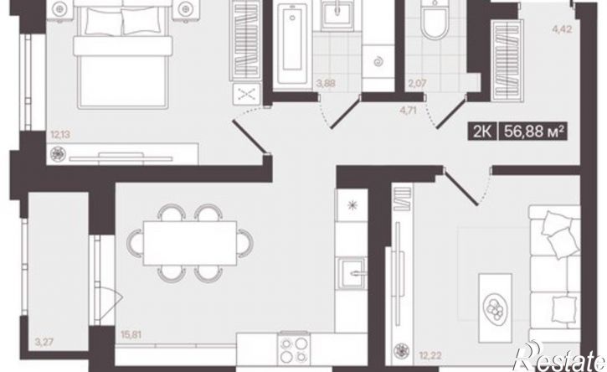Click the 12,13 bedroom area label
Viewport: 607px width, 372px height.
60,135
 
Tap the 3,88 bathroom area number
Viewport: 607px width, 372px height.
326,83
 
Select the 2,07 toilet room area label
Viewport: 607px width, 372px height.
417,83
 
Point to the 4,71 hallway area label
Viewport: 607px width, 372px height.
408,110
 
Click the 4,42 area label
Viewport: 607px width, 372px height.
562,29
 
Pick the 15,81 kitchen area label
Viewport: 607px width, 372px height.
131,334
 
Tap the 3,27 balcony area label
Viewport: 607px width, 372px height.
44,342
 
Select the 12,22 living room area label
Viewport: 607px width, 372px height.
430,354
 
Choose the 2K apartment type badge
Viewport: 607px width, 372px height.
483,132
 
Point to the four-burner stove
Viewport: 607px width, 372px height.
294,349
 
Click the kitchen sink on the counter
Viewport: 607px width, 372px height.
351,274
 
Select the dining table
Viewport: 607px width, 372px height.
190,243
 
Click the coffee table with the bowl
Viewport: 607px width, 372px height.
495,307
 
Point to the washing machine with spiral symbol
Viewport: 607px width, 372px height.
378,62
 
